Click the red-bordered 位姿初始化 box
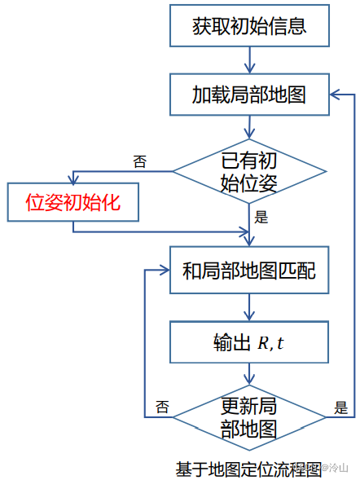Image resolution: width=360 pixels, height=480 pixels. pyautogui.click(x=72, y=203)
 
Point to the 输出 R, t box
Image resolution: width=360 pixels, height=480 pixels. pyautogui.click(x=249, y=341)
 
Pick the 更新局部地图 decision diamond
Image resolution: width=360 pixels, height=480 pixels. pyautogui.click(x=249, y=416)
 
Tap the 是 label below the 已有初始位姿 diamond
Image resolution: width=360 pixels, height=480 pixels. pyautogui.click(x=262, y=217)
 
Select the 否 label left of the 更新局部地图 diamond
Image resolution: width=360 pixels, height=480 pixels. pyautogui.click(x=163, y=407)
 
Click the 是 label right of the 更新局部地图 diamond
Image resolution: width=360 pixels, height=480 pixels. pyautogui.click(x=340, y=407)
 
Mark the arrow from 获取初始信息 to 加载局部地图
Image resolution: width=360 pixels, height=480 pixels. pyautogui.click(x=249, y=59)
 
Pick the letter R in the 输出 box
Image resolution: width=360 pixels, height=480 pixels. pyautogui.click(x=263, y=342)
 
